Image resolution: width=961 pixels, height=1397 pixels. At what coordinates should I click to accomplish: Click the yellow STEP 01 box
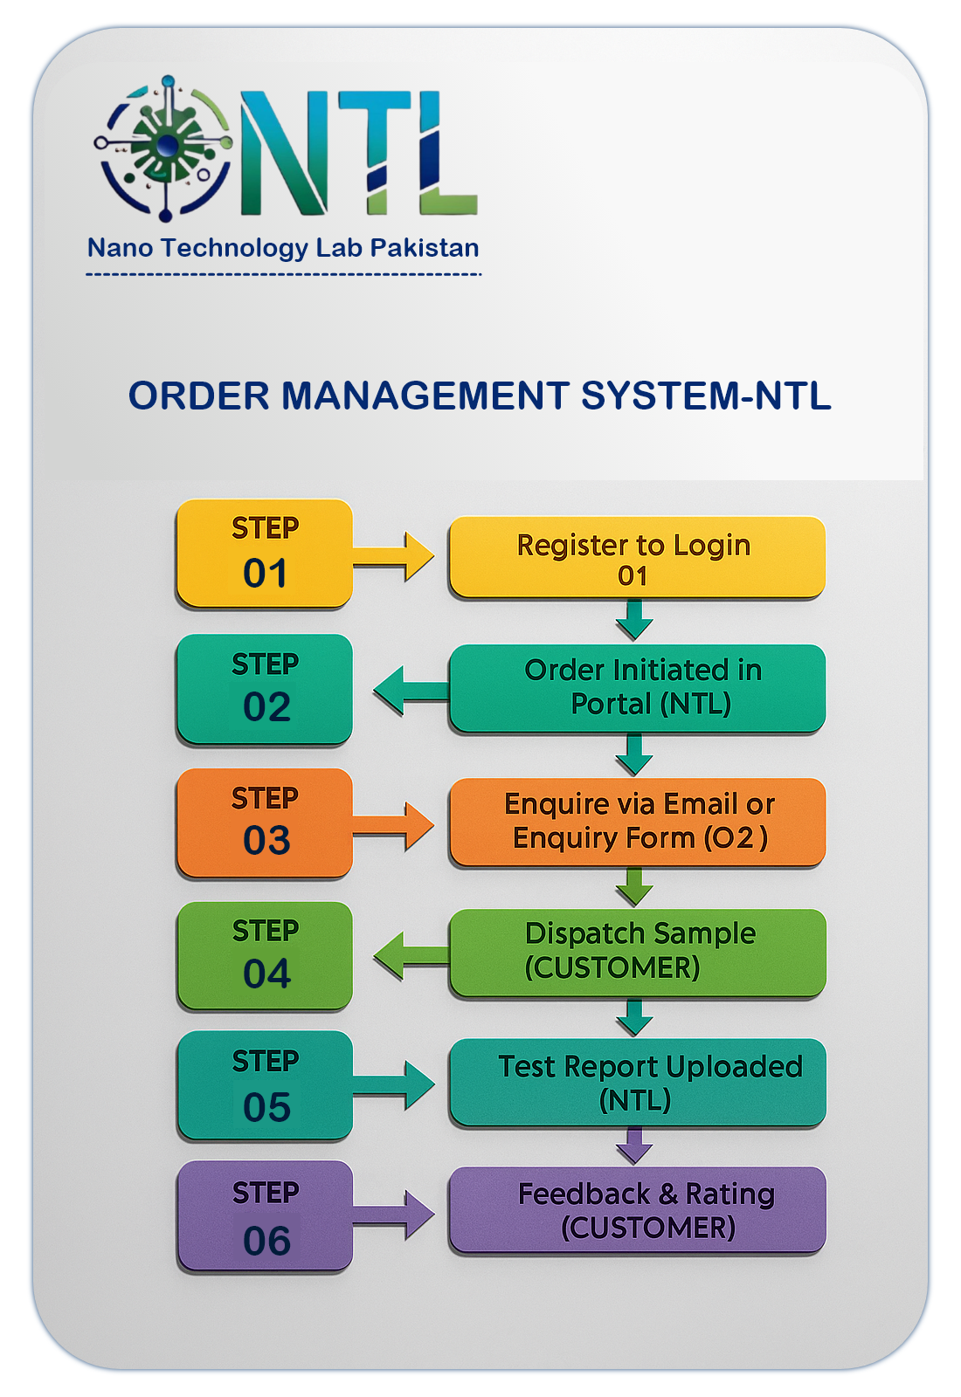tap(264, 553)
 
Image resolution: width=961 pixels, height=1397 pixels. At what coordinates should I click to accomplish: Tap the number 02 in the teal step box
tap(266, 707)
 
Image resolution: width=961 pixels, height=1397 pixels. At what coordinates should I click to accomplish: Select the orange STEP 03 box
tap(264, 822)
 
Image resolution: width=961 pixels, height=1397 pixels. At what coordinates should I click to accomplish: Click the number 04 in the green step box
tap(266, 974)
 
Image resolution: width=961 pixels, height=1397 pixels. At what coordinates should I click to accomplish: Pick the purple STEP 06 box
tap(264, 1215)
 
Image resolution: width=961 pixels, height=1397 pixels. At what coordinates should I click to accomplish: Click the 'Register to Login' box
tap(636, 557)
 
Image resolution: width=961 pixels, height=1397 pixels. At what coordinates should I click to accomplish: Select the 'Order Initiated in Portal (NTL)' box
tap(636, 687)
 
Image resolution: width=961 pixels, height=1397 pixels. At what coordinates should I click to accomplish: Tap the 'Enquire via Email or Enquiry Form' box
tap(636, 822)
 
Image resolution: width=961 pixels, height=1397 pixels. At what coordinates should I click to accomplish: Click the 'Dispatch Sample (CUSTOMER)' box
tap(636, 952)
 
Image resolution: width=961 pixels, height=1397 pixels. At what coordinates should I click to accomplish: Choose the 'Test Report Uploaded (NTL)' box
tap(636, 1082)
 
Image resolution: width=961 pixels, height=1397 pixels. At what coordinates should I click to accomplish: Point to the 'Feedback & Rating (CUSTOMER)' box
tap(636, 1210)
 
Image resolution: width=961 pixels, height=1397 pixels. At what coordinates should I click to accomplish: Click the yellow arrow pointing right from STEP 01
tap(398, 556)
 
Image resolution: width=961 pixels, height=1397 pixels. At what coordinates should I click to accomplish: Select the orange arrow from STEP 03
tap(398, 825)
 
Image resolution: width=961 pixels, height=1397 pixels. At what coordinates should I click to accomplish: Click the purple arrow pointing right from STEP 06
tap(398, 1215)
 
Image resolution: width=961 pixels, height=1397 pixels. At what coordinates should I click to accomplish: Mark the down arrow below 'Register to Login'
tap(634, 620)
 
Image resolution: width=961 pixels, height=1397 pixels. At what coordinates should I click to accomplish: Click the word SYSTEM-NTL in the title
tap(706, 396)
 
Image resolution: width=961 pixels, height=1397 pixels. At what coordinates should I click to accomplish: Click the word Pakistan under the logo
tap(425, 248)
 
